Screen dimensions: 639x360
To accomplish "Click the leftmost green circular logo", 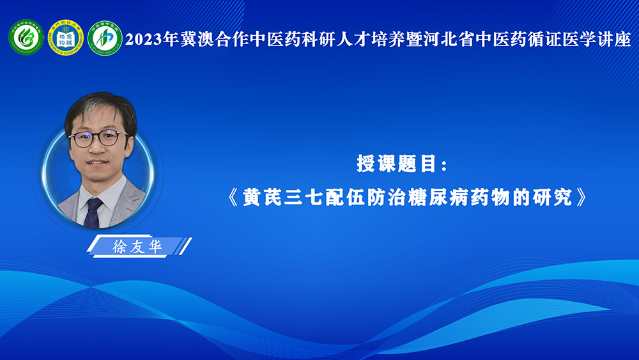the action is click(x=26, y=38).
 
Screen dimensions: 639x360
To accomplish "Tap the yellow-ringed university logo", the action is click(x=66, y=38).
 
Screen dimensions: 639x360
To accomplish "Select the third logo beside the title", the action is click(x=105, y=38).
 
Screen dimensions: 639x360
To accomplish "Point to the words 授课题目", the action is click(x=397, y=164).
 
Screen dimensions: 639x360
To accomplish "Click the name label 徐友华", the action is click(x=137, y=247).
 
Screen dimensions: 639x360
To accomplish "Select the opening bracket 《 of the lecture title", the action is click(x=233, y=198).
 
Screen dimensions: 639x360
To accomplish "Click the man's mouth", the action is click(x=97, y=162).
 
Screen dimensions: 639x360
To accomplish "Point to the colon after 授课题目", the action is click(x=445, y=166).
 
